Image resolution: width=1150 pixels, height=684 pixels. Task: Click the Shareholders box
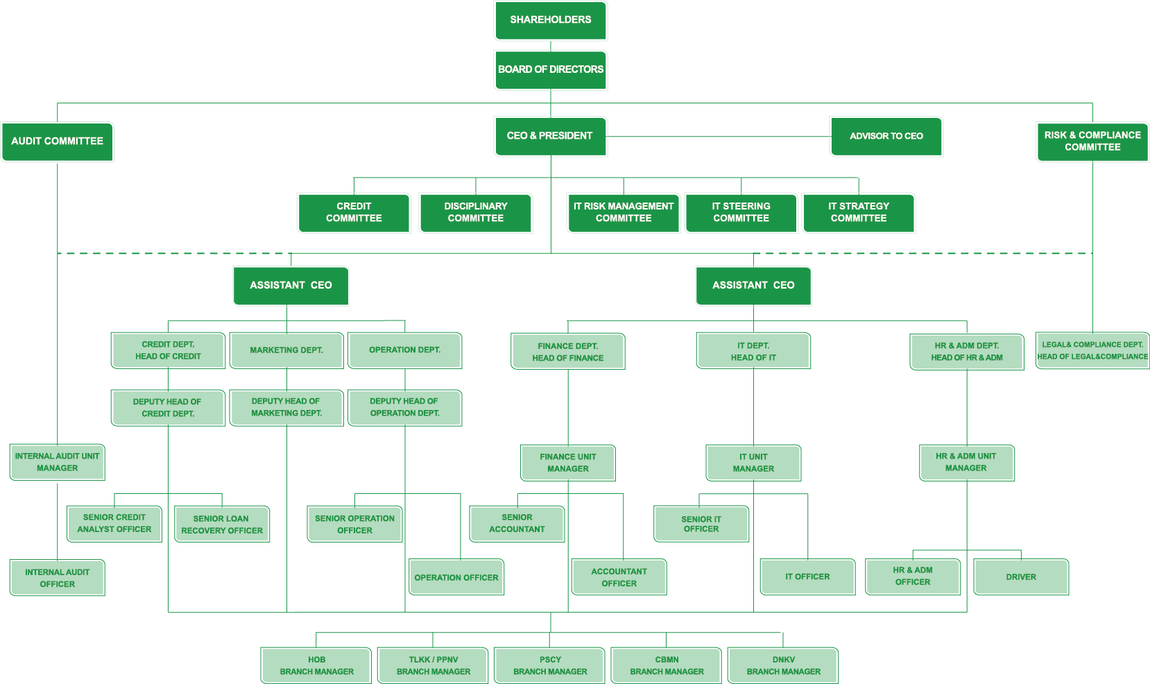(550, 20)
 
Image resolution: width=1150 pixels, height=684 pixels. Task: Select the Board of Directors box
(550, 70)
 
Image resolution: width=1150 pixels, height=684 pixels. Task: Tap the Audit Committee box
(58, 142)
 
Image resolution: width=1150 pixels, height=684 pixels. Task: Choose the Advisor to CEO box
(886, 137)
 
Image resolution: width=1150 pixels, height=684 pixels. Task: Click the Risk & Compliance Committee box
(1092, 142)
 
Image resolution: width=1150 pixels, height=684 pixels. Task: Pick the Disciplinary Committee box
(475, 212)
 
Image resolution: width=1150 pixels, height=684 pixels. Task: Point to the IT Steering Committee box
(741, 212)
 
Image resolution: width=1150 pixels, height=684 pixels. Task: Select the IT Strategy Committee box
(859, 212)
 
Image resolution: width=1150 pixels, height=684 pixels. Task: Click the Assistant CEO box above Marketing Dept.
(291, 286)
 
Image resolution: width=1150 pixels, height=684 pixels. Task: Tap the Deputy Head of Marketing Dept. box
(286, 408)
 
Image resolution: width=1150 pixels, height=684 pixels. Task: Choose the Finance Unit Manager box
(568, 463)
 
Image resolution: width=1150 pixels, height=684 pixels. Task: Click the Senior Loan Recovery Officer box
(222, 524)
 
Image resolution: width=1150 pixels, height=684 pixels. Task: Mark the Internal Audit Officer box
(58, 578)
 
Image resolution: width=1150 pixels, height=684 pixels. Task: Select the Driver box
(1021, 576)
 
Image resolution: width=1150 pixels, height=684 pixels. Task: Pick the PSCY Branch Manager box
(550, 665)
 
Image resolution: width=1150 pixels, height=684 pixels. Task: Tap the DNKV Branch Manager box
(784, 665)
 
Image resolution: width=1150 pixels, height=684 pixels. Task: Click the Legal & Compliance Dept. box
(1092, 350)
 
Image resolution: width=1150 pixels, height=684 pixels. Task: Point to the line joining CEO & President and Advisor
(719, 137)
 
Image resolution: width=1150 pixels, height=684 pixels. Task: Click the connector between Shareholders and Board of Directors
(551, 45)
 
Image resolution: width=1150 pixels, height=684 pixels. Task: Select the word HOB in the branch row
(317, 659)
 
